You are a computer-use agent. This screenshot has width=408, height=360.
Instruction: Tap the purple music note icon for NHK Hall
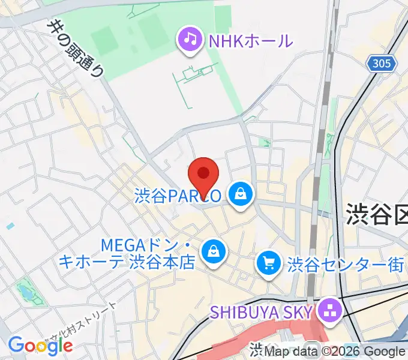click(190, 40)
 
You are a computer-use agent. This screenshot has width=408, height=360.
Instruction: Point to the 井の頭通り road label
click(77, 47)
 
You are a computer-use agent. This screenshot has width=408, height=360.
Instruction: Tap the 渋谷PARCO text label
click(179, 195)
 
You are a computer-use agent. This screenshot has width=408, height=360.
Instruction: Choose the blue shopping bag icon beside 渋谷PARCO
click(240, 194)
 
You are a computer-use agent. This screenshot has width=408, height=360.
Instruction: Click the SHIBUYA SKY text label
click(261, 312)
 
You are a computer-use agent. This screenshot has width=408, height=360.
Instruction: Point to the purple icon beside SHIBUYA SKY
click(329, 311)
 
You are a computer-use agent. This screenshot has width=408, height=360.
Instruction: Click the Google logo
click(40, 345)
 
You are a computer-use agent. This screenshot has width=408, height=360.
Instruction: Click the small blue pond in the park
click(26, 292)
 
